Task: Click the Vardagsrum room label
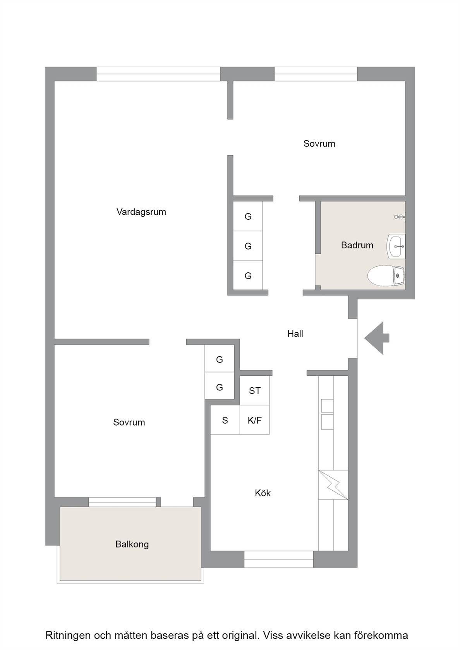(x=141, y=212)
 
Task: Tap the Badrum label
(x=357, y=245)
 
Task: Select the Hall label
(x=295, y=334)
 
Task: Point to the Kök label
(x=263, y=493)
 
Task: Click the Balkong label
(x=132, y=544)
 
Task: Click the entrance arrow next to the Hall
(x=376, y=338)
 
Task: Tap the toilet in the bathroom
(x=386, y=275)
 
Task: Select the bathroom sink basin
(x=396, y=246)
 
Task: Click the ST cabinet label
(x=255, y=391)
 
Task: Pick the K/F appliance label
(x=255, y=420)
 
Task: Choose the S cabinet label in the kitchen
(x=225, y=420)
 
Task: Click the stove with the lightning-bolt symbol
(x=333, y=485)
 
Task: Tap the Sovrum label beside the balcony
(x=129, y=422)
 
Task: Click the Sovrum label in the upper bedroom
(x=319, y=144)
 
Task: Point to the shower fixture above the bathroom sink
(x=400, y=217)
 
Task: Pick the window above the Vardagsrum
(x=158, y=74)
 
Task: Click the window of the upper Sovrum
(x=316, y=74)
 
